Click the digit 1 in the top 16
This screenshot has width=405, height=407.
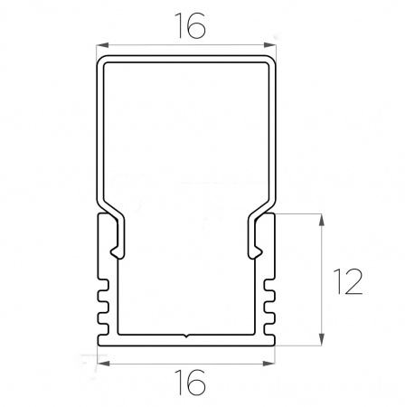(x=180, y=26)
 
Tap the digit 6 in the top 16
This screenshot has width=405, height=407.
(x=196, y=26)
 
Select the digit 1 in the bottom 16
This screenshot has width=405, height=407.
(x=180, y=382)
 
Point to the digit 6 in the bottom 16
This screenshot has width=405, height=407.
(x=196, y=382)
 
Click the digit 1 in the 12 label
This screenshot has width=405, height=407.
(x=338, y=281)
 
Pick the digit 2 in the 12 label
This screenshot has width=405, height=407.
(x=353, y=281)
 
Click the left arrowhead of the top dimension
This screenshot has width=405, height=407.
(x=102, y=45)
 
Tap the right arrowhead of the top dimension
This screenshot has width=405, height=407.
(x=269, y=45)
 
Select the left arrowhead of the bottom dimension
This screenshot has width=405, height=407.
(x=103, y=364)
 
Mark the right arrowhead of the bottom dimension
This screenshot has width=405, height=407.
(x=268, y=364)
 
